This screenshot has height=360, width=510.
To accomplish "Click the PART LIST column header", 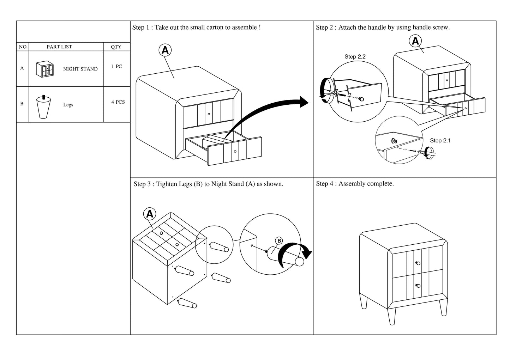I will (x=59, y=47).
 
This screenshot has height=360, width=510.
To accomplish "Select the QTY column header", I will (x=116, y=47).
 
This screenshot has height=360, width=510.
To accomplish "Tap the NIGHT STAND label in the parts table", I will (x=80, y=69).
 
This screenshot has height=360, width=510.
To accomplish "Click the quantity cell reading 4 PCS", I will (x=118, y=102).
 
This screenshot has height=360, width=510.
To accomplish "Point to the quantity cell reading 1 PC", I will (x=116, y=66).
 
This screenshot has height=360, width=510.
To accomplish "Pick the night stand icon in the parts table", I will (x=45, y=69).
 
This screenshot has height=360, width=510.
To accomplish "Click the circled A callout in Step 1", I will (x=165, y=50).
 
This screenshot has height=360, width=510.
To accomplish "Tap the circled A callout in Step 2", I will (x=415, y=41).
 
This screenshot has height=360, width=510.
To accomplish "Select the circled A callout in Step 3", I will (x=150, y=214).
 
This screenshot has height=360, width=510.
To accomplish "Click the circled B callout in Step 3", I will (x=279, y=241).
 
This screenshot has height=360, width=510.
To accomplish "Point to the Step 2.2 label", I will (x=355, y=56).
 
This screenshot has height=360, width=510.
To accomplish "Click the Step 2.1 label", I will (x=440, y=141).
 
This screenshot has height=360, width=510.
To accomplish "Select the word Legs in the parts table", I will (x=68, y=105).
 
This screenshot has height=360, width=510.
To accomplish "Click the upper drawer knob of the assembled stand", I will (x=418, y=263).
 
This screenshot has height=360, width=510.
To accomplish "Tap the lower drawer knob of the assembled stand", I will (x=418, y=286).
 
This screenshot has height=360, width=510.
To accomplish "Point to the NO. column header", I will (x=23, y=47).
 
